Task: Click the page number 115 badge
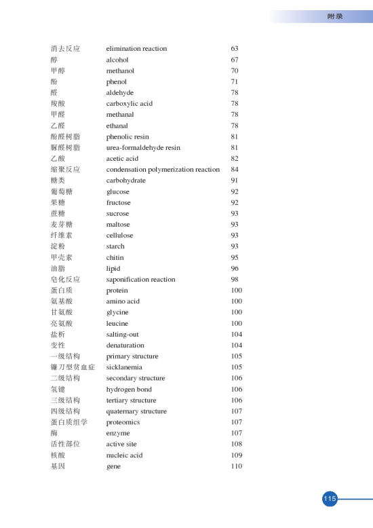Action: (330, 499)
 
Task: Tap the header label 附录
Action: (335, 16)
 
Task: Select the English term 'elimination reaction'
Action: (136, 49)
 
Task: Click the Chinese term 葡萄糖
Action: (62, 192)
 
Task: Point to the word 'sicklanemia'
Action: (124, 367)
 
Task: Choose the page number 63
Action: (235, 49)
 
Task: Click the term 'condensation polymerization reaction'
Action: (163, 170)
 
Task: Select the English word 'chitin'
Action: (115, 258)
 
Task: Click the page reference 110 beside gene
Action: (237, 466)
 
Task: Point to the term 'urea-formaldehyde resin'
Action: (143, 147)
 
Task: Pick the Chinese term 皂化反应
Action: (66, 280)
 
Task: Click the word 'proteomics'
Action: (122, 422)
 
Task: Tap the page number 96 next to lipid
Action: (235, 269)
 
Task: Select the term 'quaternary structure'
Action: (136, 411)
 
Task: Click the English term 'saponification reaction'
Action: (140, 280)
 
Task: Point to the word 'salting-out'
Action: (123, 335)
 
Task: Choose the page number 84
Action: (235, 170)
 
